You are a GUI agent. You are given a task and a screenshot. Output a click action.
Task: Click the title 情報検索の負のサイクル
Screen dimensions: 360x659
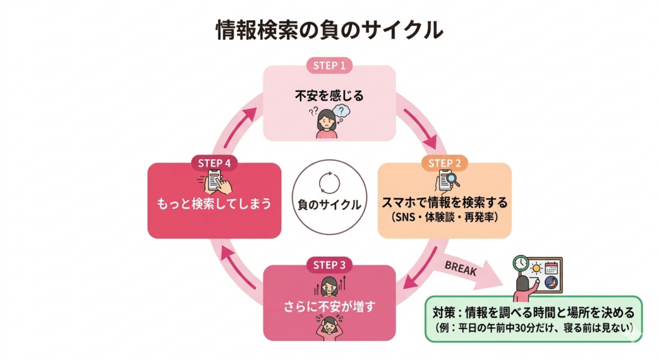329,30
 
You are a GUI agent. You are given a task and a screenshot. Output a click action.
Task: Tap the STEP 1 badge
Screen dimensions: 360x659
329,65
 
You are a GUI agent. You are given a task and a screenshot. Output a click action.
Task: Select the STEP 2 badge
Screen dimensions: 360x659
444,163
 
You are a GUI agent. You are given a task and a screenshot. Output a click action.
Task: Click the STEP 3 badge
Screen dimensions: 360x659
329,265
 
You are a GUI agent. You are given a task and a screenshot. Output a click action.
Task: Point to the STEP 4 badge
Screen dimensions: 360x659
215,163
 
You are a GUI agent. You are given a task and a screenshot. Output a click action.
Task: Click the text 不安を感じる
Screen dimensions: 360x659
329,97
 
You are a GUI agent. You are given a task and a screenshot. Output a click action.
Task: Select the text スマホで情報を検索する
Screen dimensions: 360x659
444,202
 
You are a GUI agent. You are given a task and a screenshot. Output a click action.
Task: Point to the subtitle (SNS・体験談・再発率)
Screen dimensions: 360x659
444,216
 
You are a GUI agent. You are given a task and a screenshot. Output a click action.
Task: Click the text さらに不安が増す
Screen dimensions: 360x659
329,305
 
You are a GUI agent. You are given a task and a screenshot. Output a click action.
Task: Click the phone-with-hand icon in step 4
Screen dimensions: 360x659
216,182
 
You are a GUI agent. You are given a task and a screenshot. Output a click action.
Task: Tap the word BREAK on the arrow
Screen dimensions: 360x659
461,268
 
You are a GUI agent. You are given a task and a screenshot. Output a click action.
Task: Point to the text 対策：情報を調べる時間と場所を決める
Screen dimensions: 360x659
533,312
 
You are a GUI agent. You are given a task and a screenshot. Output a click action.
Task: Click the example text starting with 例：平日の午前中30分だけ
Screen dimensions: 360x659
533,328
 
